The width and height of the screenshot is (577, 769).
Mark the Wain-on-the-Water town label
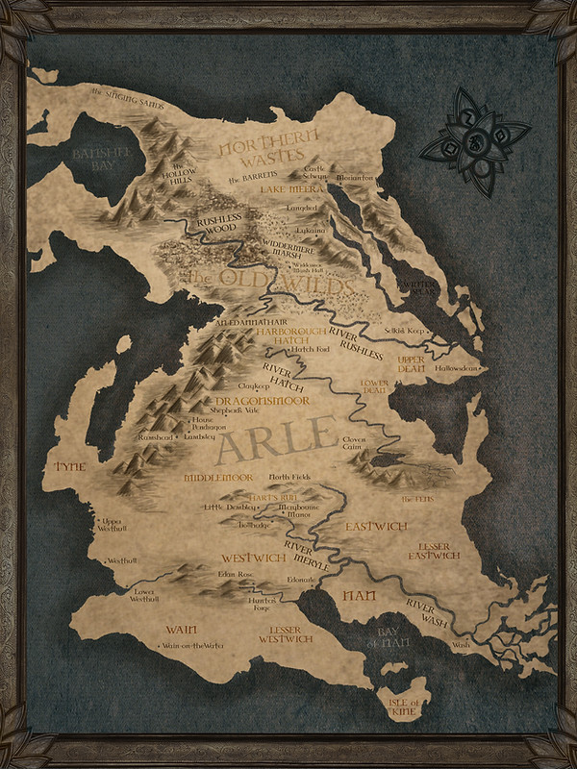click(187, 645)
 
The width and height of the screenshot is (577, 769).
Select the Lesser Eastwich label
click(434, 551)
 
